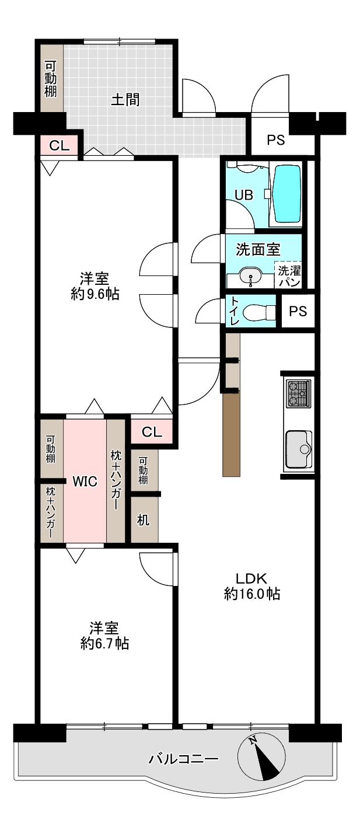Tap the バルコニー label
(x=183, y=759)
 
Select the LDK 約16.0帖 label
(x=251, y=586)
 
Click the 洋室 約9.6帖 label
(x=95, y=285)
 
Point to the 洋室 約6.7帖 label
(x=104, y=636)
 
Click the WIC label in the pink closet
(x=84, y=481)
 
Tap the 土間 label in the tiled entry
(x=125, y=99)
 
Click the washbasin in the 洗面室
(x=251, y=276)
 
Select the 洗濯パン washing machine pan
(x=288, y=275)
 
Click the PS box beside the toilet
(x=298, y=311)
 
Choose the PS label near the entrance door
(x=276, y=140)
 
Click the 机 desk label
(x=143, y=519)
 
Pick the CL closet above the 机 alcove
(x=151, y=432)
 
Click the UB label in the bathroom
(x=243, y=195)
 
